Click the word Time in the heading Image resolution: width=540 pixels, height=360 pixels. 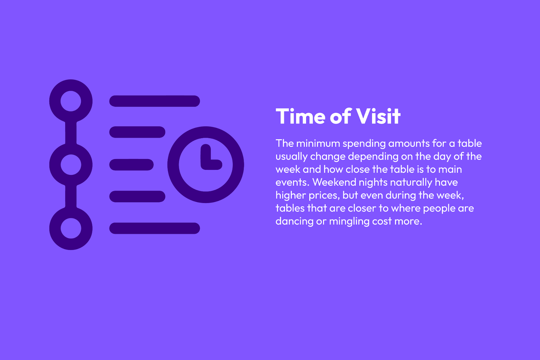[x=301, y=116]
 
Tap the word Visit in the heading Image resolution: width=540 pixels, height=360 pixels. [x=378, y=116]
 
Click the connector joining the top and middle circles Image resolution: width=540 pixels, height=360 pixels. [x=71, y=133]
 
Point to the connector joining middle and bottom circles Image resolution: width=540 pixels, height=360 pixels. [x=71, y=197]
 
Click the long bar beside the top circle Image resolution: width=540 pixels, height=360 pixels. [x=155, y=101]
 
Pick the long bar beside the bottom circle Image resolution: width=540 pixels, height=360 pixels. [x=155, y=228]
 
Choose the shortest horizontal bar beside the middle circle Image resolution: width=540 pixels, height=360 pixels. [x=131, y=165]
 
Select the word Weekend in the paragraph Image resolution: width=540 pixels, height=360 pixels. [x=334, y=182]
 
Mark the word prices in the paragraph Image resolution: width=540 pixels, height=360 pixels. [x=324, y=196]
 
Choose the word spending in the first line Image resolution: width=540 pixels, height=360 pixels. [x=364, y=144]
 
